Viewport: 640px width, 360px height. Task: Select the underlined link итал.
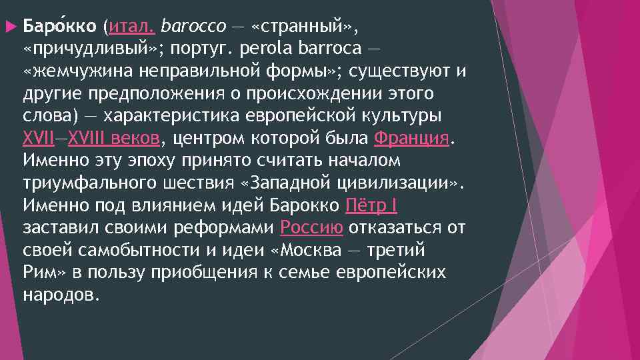[132, 27]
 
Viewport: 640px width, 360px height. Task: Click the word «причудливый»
[90, 49]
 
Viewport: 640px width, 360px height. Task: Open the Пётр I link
[372, 205]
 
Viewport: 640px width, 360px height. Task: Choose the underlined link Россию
[312, 228]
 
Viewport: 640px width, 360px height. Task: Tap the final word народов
[61, 295]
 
